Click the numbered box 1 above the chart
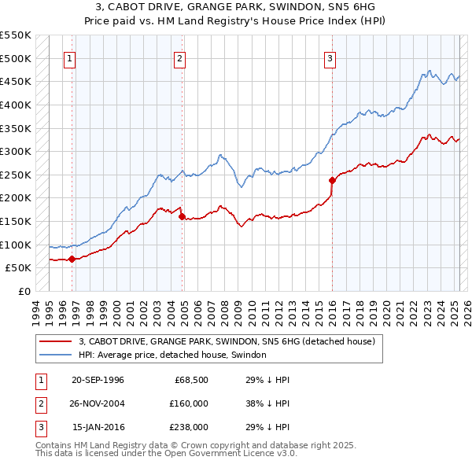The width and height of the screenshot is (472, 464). click(x=70, y=58)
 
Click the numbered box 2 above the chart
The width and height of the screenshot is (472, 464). click(x=180, y=58)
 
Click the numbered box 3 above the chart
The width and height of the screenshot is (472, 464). click(x=330, y=58)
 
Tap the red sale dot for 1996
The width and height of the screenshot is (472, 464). click(x=72, y=259)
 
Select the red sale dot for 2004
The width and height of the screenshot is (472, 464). click(x=182, y=216)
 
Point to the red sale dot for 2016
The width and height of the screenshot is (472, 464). click(x=332, y=180)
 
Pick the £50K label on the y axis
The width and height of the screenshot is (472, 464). click(x=19, y=268)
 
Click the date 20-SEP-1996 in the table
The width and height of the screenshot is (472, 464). click(x=98, y=380)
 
